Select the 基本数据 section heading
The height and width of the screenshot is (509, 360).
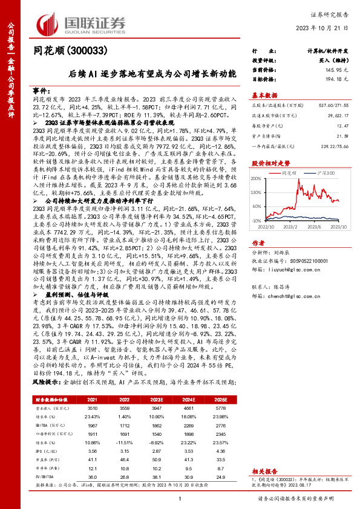click(264, 95)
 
